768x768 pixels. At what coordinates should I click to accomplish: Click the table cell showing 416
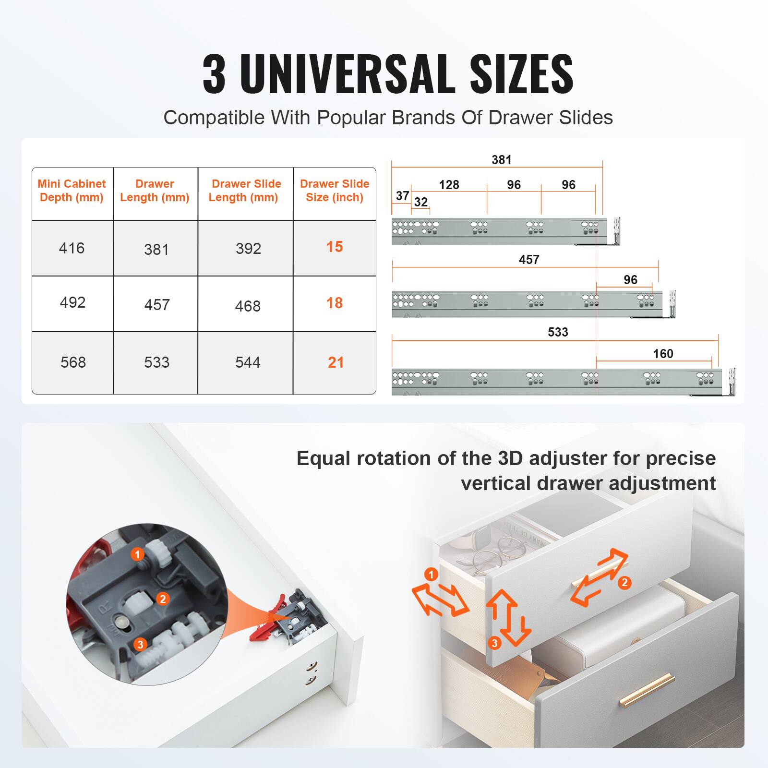click(72, 248)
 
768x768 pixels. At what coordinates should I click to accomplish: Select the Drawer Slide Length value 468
click(248, 306)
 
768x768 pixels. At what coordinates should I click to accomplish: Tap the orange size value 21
click(336, 362)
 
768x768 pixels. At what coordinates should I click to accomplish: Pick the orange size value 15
click(335, 247)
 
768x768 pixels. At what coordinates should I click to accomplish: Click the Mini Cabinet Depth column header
click(72, 191)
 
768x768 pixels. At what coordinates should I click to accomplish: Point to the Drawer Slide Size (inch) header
click(335, 191)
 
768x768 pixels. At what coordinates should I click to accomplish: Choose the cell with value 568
click(73, 362)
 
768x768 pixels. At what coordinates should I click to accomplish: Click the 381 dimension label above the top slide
click(501, 160)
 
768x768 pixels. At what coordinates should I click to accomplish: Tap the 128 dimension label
click(449, 185)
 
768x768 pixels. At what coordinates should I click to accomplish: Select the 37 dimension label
click(402, 196)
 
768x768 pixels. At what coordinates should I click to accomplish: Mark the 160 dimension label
click(663, 354)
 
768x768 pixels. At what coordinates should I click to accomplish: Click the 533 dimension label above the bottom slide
click(558, 332)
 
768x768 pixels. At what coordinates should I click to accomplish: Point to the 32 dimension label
click(420, 202)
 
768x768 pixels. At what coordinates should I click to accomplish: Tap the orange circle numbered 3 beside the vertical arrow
click(494, 643)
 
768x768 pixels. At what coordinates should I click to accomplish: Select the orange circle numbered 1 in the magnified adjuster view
click(137, 555)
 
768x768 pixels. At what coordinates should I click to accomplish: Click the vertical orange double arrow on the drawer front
click(508, 617)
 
